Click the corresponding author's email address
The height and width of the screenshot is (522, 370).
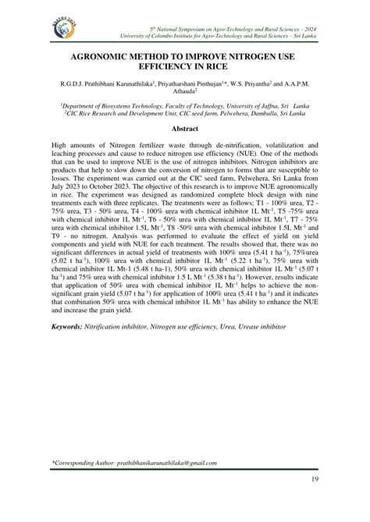(156, 463)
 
